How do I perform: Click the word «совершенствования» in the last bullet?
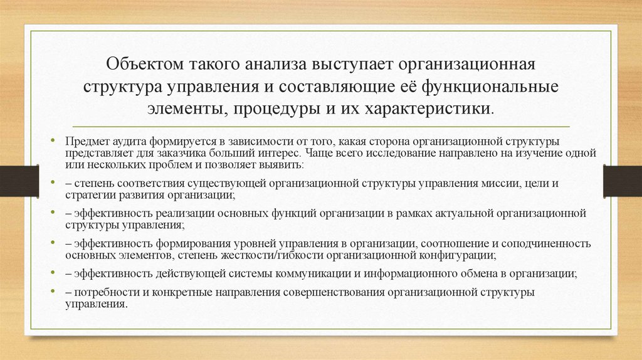[x=338, y=292]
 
